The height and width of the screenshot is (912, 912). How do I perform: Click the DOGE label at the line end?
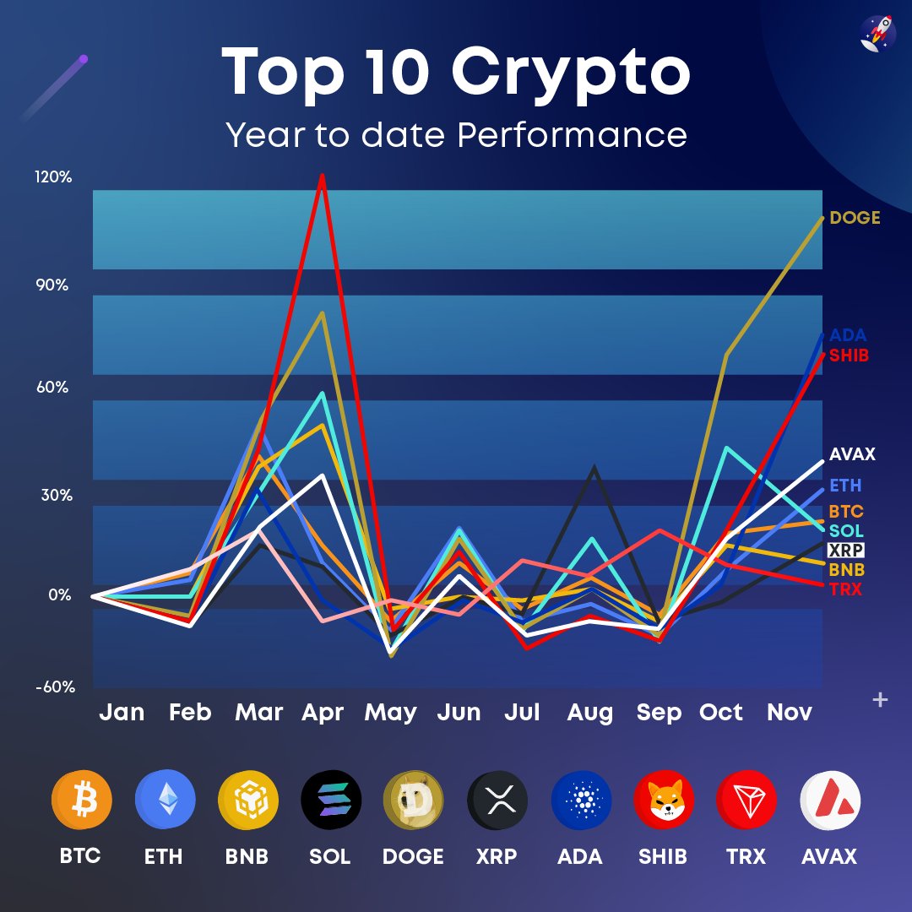coord(855,218)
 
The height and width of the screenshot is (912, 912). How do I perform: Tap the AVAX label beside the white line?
coord(851,454)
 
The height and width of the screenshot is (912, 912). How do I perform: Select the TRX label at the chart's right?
coord(845,589)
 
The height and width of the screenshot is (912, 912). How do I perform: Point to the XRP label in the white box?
coord(845,550)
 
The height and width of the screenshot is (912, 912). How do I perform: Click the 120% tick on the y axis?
coord(53,177)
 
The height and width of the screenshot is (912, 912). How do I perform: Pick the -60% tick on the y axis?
coord(54,687)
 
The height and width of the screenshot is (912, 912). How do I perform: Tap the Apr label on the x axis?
coord(323,713)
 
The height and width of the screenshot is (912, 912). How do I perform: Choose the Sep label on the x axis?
coord(659,713)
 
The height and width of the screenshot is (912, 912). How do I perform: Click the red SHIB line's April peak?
coord(321,176)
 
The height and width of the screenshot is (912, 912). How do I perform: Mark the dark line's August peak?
coord(595,467)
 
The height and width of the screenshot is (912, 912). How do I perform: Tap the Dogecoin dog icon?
coord(413,801)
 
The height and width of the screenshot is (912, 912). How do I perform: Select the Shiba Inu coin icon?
coord(663,801)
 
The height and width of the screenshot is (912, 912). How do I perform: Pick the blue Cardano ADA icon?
coord(580,801)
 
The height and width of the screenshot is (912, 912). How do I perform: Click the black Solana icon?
coord(330,801)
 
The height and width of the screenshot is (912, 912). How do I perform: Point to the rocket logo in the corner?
coord(877,34)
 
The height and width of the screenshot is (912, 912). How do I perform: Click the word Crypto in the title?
coord(571,72)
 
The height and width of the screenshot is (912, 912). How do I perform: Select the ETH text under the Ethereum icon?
coord(163,856)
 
